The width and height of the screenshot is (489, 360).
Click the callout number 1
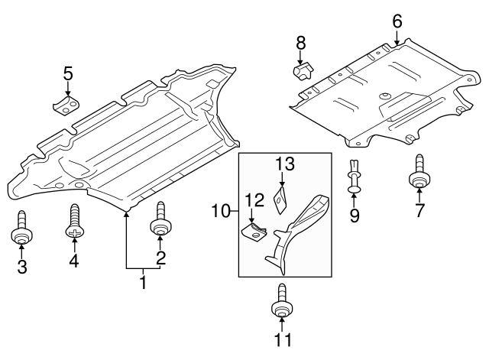tap(141, 284)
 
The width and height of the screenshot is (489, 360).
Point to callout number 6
tap(397, 21)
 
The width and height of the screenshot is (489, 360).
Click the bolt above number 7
tap(419, 175)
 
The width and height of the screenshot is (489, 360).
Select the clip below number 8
tap(302, 72)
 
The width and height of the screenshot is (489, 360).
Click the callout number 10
tap(219, 209)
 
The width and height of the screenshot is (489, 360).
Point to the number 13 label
tap(284, 164)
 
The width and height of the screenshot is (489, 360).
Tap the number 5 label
tap(68, 74)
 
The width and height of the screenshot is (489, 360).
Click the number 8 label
tap(301, 42)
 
